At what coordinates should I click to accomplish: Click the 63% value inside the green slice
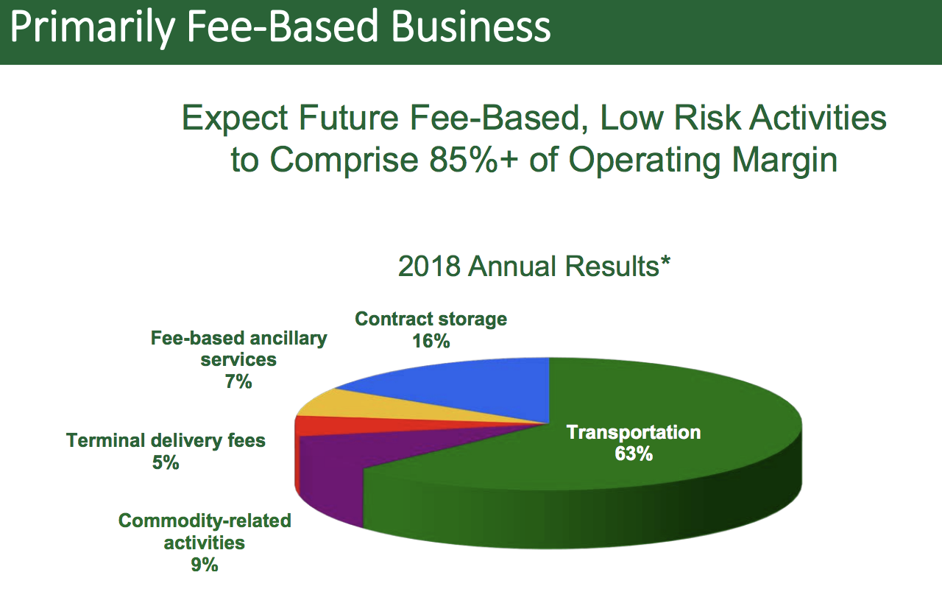[634, 454]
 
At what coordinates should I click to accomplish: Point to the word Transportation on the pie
[634, 432]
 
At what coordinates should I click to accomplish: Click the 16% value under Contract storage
[431, 341]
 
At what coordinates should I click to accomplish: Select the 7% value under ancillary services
[238, 382]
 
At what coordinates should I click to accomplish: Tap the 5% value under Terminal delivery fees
[166, 463]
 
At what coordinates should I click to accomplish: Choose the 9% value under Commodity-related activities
[205, 565]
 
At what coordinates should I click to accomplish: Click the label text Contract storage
[431, 320]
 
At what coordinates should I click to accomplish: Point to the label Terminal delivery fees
[166, 441]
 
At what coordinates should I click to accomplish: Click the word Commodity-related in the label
[205, 521]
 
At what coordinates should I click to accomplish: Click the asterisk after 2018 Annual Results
[665, 261]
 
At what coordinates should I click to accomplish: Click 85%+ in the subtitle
[473, 160]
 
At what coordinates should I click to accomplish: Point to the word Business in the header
[470, 27]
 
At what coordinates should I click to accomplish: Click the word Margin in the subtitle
[785, 162]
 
